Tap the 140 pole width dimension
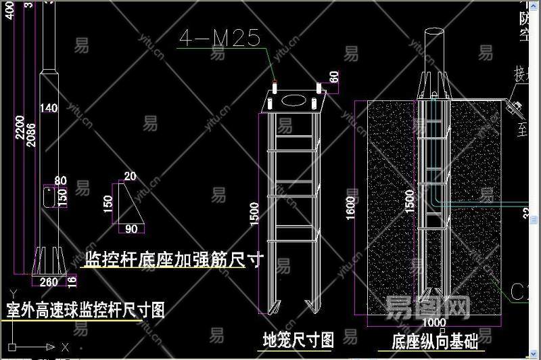(x=49, y=108)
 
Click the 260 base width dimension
(x=49, y=282)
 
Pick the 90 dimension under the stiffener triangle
(x=131, y=229)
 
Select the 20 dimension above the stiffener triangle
(x=130, y=177)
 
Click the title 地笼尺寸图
(x=298, y=338)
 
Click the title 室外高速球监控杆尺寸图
(x=85, y=311)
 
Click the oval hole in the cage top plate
(x=293, y=100)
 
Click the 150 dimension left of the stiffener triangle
(x=108, y=204)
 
